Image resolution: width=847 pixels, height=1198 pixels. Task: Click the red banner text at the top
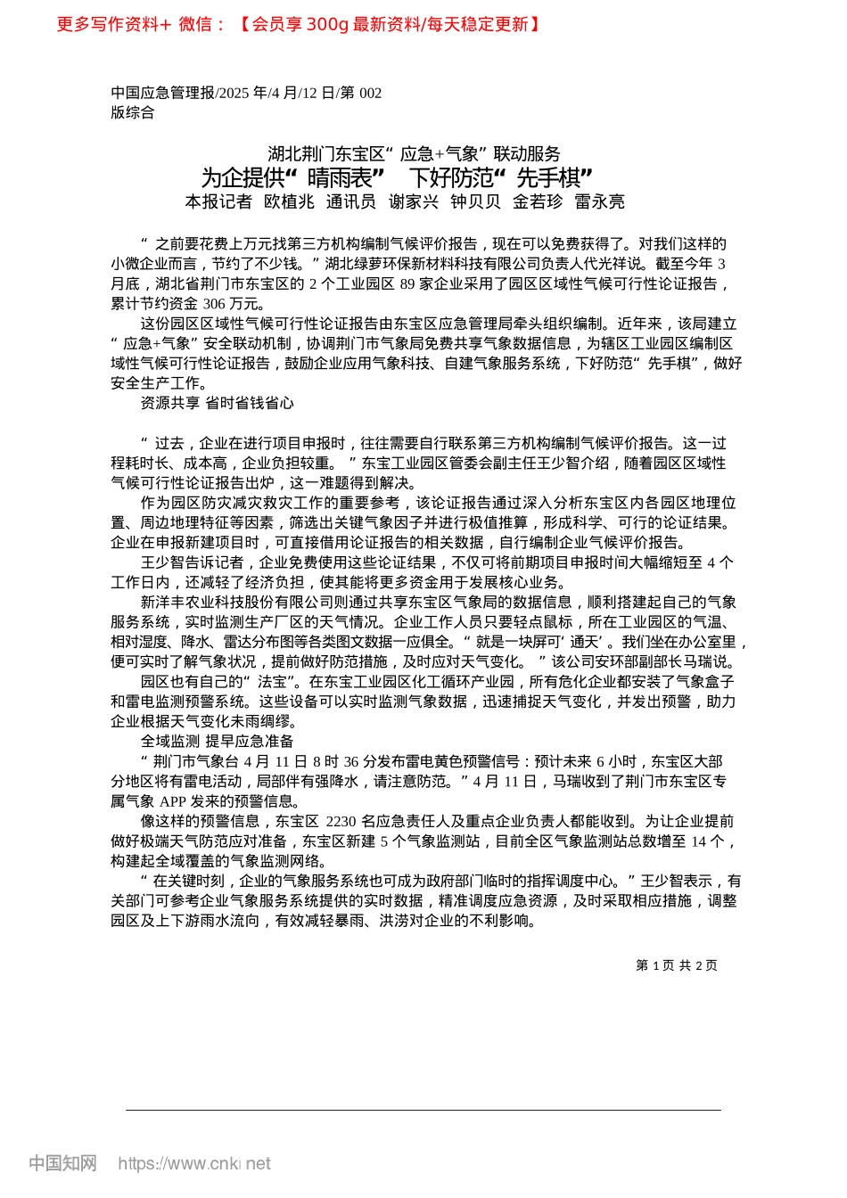[x=300, y=24]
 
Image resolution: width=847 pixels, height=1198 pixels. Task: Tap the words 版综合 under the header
[x=133, y=112]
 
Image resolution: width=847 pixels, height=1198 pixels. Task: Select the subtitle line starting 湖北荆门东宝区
[x=414, y=153]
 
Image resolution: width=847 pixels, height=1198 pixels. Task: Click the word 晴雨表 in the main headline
[x=340, y=177]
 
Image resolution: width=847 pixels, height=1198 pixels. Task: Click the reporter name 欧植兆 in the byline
[x=289, y=202]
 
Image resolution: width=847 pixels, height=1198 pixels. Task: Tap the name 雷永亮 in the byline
[x=599, y=202]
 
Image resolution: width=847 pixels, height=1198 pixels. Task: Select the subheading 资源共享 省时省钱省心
[x=217, y=403]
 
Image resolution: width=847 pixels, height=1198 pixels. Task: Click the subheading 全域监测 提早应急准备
[x=217, y=741]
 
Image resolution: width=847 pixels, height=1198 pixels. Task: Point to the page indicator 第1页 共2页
[x=676, y=965]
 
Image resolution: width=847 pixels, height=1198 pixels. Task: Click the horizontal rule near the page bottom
[x=423, y=1110]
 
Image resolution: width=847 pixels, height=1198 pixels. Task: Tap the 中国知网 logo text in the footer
[x=62, y=1163]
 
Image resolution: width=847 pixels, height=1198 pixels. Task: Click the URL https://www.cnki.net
[x=194, y=1163]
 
